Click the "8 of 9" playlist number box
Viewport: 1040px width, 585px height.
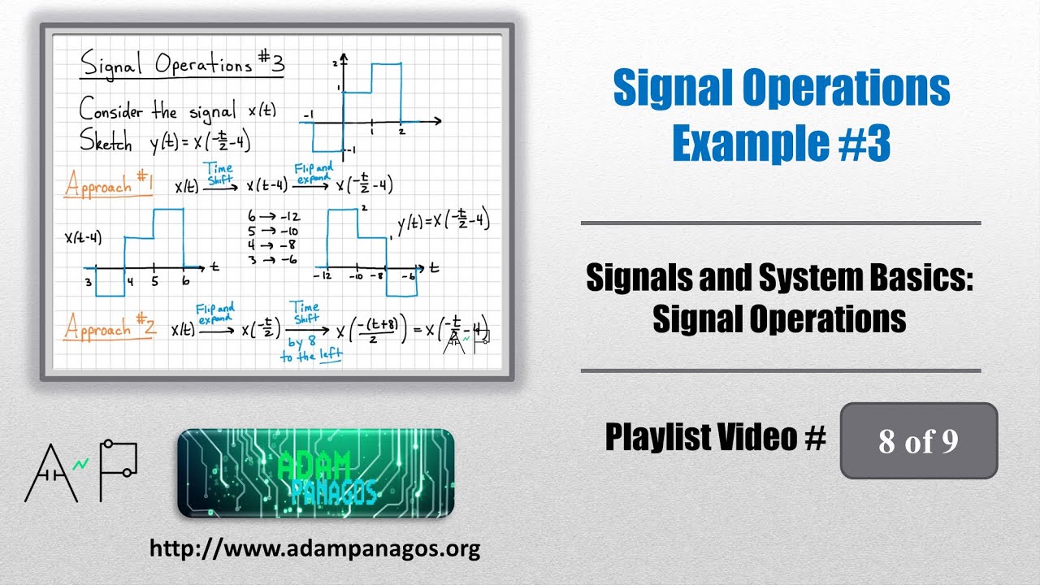[x=918, y=440]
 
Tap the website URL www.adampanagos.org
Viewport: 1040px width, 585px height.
[x=314, y=548]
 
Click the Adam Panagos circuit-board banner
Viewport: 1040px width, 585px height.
[x=315, y=472]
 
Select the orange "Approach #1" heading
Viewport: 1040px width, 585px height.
[x=109, y=184]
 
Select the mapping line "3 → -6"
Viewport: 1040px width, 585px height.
[x=272, y=259]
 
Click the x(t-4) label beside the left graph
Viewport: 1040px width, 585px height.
[x=83, y=238]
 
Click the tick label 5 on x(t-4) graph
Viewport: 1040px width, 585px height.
[x=154, y=282]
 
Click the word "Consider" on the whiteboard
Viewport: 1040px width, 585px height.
[x=114, y=109]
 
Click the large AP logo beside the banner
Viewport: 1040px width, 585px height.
[x=81, y=470]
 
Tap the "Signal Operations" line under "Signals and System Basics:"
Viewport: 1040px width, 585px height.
[x=779, y=319]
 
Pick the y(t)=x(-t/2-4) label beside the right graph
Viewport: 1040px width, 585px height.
[x=444, y=222]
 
